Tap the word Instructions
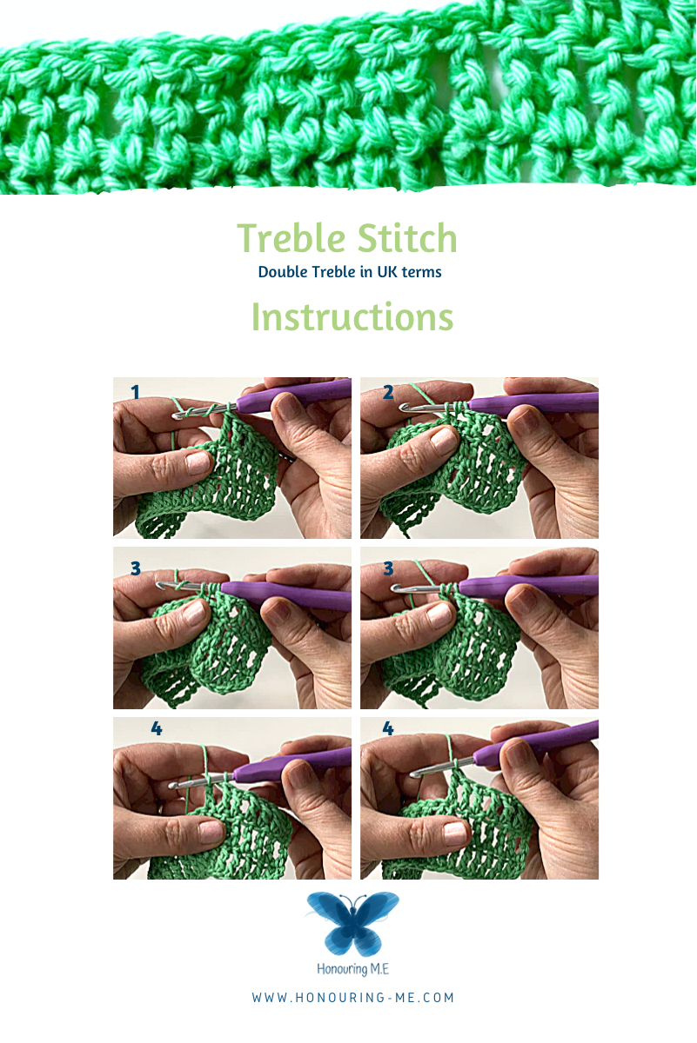[x=352, y=316]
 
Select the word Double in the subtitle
[x=283, y=272]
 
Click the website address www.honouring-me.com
[x=352, y=998]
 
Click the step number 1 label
[x=135, y=393]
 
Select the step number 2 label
[x=388, y=393]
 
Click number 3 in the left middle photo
[x=135, y=568]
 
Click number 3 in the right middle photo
[x=388, y=568]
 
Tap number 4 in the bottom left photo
[x=157, y=728]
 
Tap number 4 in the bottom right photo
[x=388, y=728]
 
